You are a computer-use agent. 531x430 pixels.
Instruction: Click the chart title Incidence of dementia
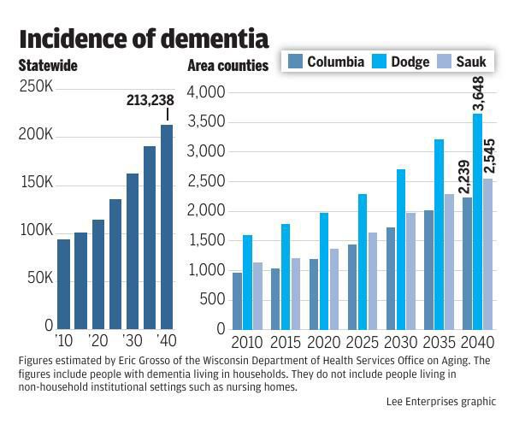144,38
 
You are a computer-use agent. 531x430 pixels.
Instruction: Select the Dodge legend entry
401,62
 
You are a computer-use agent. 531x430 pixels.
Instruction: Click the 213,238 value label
150,100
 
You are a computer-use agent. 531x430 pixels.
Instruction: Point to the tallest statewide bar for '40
167,227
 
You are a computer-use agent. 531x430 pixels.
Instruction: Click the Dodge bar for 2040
478,221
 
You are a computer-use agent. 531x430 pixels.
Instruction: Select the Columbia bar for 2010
237,300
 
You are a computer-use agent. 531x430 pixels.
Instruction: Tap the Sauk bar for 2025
372,280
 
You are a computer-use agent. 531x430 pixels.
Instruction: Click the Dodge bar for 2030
401,249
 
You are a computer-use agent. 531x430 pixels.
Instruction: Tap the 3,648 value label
479,93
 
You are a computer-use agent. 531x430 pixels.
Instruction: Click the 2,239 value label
465,177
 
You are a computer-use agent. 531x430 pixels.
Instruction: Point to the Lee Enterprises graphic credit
440,401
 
